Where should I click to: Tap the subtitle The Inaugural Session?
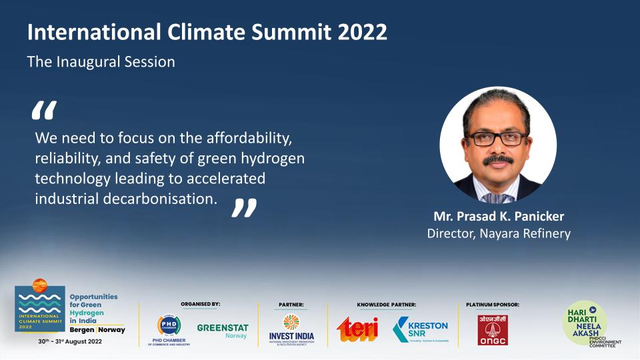[101, 62]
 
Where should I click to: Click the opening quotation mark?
[44, 110]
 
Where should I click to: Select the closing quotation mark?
[243, 207]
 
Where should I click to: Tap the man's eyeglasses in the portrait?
[497, 138]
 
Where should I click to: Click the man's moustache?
[498, 161]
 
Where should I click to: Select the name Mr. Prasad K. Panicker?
[499, 218]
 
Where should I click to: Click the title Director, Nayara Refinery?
[499, 233]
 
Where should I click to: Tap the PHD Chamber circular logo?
[169, 325]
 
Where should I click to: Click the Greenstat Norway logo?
[222, 331]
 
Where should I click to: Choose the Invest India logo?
[291, 327]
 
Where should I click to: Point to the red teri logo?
[357, 329]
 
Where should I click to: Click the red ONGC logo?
[492, 329]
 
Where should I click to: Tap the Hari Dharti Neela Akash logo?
[587, 324]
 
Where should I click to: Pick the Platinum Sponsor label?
[492, 305]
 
